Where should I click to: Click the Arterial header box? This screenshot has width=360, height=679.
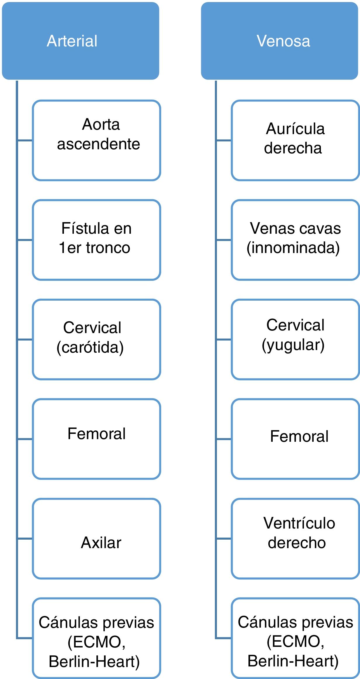tap(80, 41)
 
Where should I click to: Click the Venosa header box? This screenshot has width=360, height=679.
tap(279, 41)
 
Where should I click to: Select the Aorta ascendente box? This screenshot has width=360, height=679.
tap(96, 140)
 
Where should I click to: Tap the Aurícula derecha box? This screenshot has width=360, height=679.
tap(295, 140)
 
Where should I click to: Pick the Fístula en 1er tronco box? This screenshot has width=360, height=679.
tap(96, 240)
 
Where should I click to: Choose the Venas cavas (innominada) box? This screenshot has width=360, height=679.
tap(295, 240)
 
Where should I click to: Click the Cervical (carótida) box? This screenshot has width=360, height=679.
tap(96, 339)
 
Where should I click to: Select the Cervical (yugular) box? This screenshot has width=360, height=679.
tap(295, 339)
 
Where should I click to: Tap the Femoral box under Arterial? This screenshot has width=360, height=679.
tap(96, 439)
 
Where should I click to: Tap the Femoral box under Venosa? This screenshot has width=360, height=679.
tap(295, 439)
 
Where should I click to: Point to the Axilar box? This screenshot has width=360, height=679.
tap(96, 538)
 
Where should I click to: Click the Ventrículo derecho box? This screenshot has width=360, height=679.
tap(295, 538)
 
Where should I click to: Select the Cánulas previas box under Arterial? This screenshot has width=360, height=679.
tap(96, 638)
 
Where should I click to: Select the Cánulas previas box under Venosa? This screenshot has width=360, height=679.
tap(295, 638)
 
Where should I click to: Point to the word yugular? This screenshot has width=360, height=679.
tap(293, 345)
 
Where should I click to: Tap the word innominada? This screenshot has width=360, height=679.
tap(293, 248)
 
